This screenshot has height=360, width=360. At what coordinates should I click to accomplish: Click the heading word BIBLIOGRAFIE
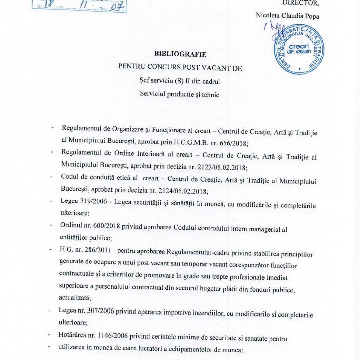(180, 54)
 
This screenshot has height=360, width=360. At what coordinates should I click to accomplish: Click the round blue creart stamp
(298, 49)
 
